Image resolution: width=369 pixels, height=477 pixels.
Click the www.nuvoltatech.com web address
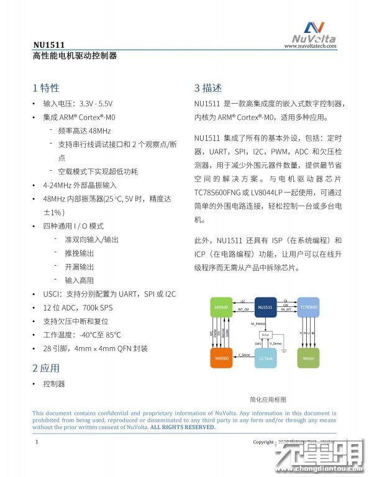click(314, 45)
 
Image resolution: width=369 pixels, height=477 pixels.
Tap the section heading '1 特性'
click(46, 87)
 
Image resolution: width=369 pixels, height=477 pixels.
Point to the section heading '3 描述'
click(207, 88)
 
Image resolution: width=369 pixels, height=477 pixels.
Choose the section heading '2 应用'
click(46, 368)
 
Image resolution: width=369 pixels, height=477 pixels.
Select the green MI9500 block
click(222, 307)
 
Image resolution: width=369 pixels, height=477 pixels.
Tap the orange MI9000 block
click(222, 358)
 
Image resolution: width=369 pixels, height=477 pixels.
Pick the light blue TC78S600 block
click(309, 307)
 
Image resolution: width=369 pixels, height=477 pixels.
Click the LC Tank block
click(265, 358)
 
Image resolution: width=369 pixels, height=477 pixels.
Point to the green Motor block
click(309, 358)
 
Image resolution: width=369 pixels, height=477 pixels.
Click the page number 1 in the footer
click(37, 442)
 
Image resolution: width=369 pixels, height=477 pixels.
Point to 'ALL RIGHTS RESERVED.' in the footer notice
click(183, 427)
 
